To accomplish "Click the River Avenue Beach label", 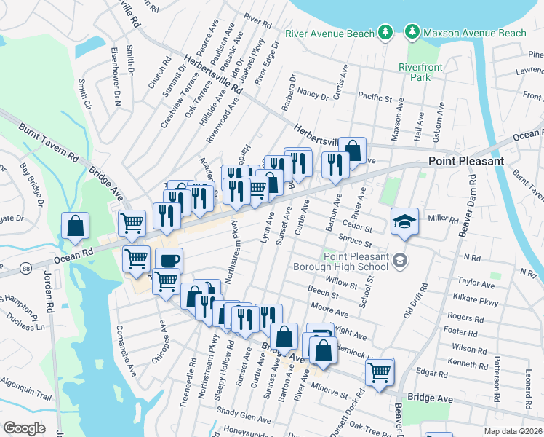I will pyautogui.click(x=329, y=33).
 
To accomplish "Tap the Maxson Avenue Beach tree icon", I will pyautogui.click(x=412, y=33).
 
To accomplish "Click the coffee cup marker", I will pyautogui.click(x=169, y=260).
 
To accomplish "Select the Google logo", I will pyautogui.click(x=24, y=428).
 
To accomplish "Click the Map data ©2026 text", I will pyautogui.click(x=512, y=430).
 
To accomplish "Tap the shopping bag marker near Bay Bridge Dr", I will pyautogui.click(x=75, y=226).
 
